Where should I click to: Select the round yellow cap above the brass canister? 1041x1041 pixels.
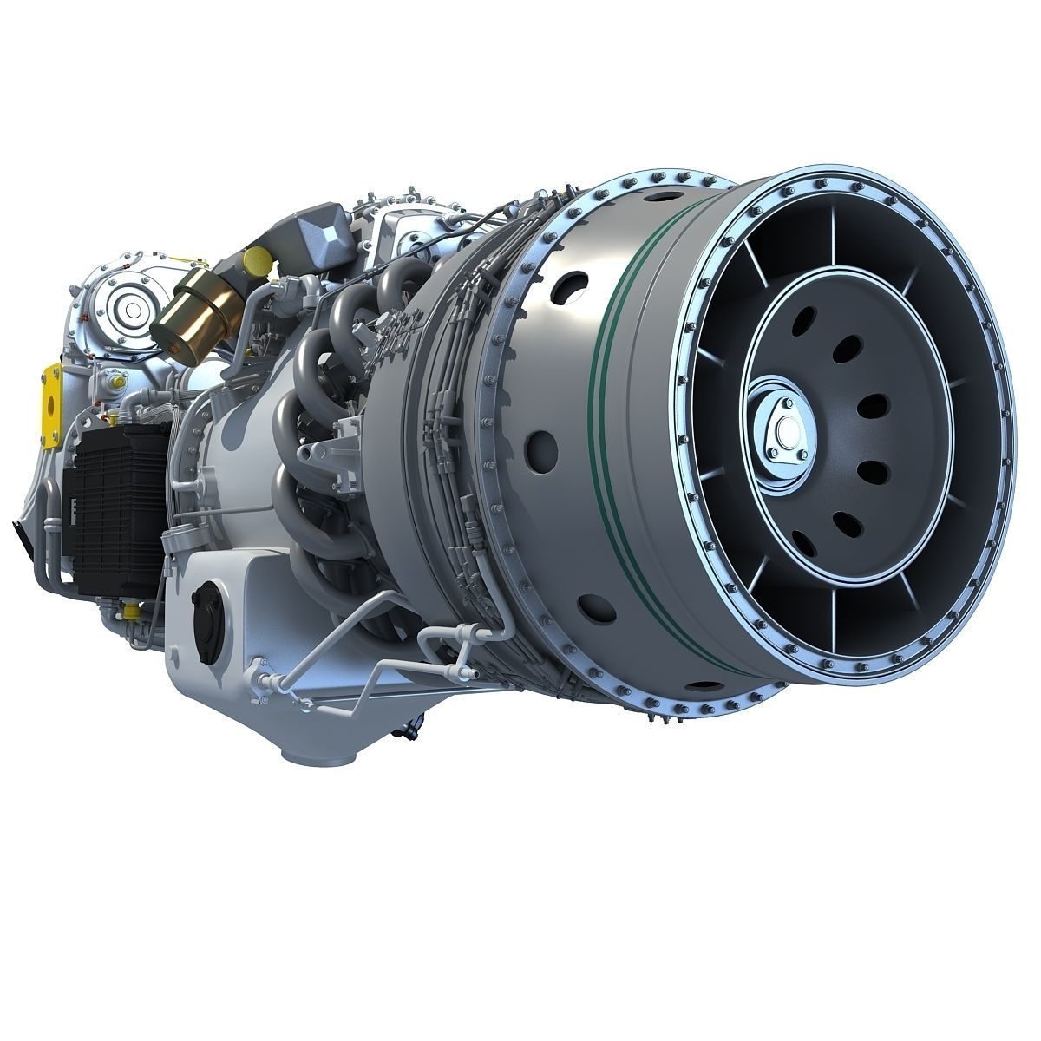click(x=255, y=259)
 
